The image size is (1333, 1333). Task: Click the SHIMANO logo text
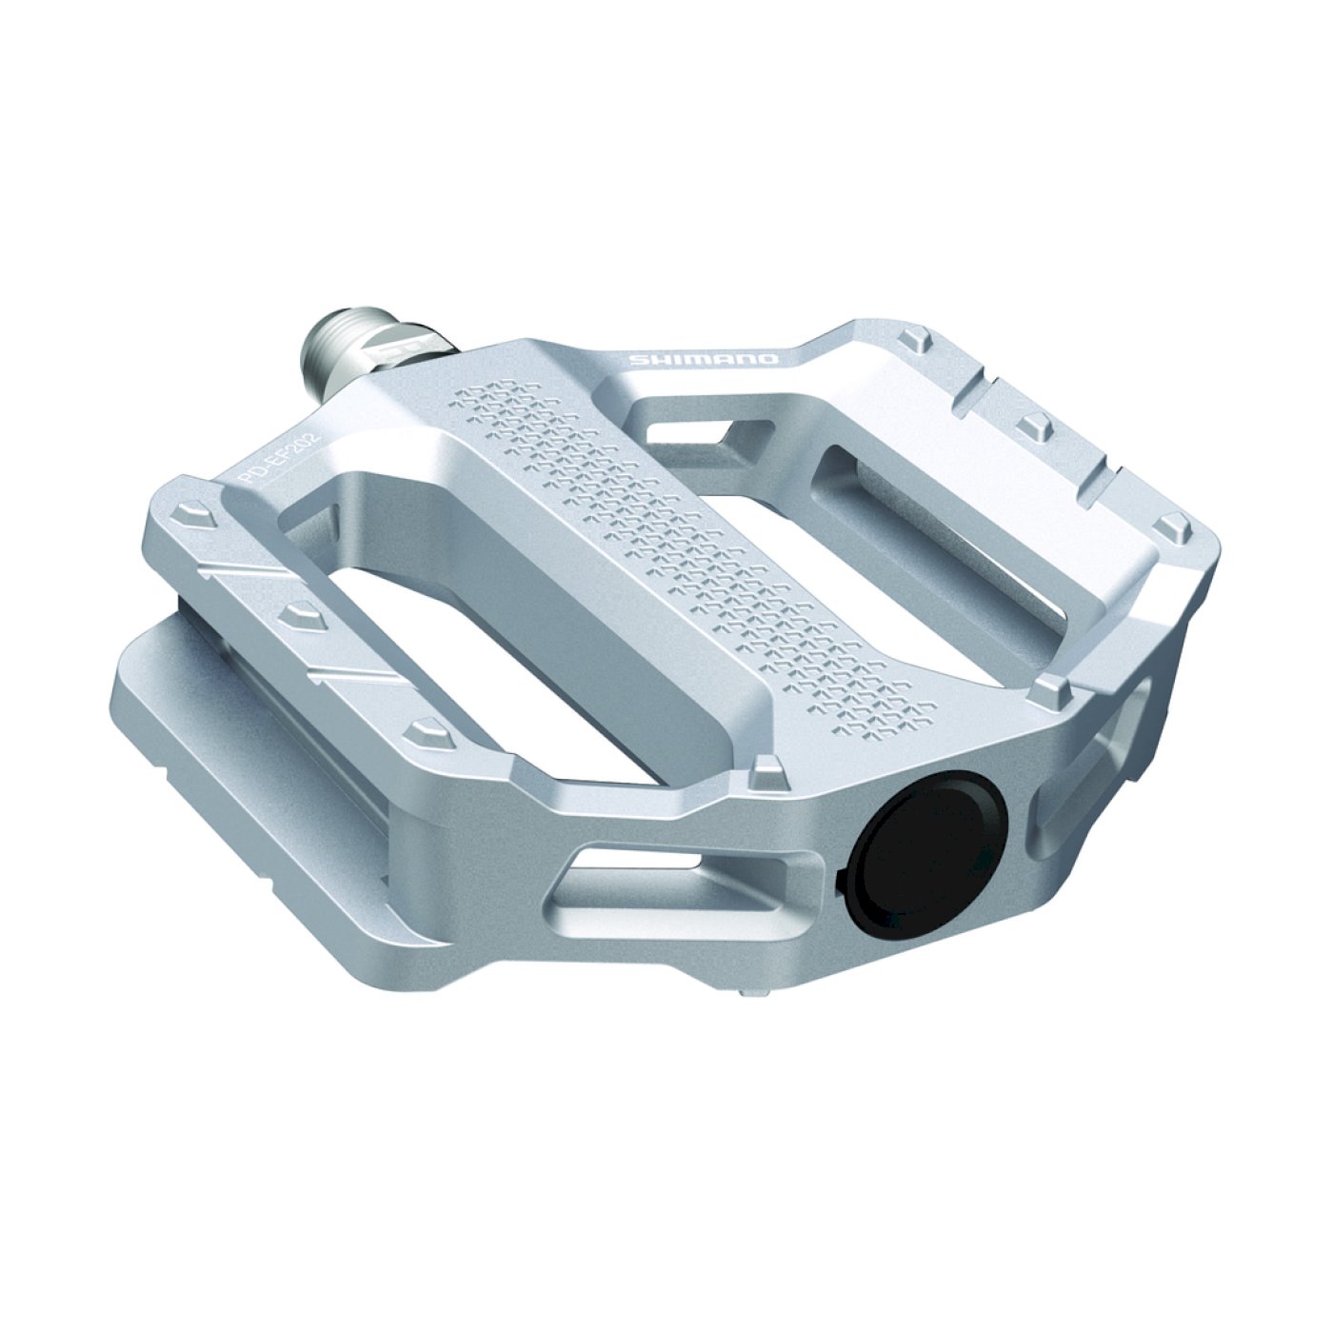point(704,359)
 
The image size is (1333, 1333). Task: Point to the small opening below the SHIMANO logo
point(686,428)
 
